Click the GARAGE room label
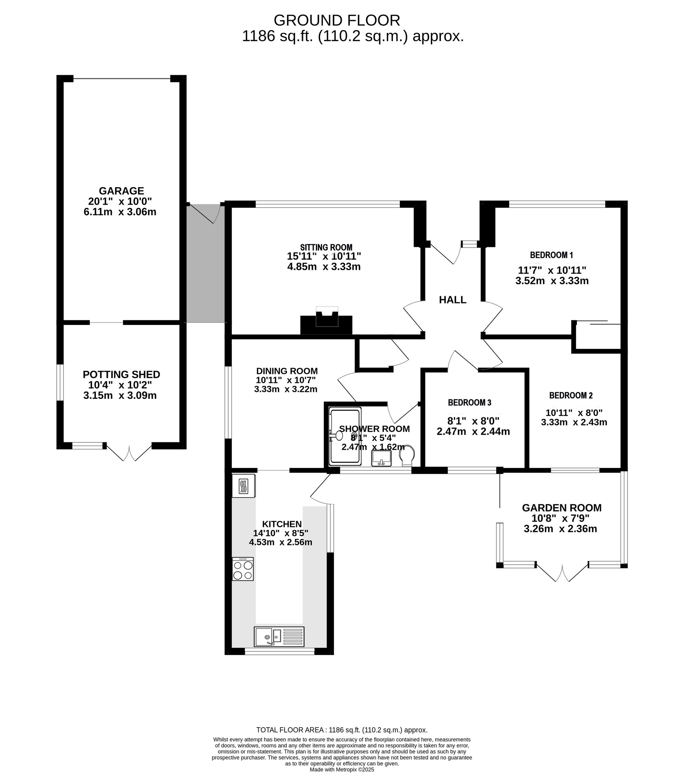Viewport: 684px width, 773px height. [x=121, y=191]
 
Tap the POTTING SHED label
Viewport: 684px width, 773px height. [x=121, y=375]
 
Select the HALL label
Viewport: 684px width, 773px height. [x=452, y=300]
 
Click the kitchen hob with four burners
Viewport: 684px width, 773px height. [x=243, y=569]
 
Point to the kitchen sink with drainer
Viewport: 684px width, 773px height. [x=279, y=637]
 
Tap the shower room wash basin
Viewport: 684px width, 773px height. [x=381, y=458]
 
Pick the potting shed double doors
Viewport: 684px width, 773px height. [x=129, y=452]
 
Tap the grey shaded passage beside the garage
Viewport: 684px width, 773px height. [x=206, y=264]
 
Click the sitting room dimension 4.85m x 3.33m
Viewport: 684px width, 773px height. [x=324, y=267]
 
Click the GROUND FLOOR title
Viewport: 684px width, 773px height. [x=337, y=20]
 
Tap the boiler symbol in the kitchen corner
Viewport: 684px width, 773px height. [x=244, y=486]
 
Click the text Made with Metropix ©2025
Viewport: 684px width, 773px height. [x=342, y=770]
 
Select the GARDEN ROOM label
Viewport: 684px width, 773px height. [x=562, y=508]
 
